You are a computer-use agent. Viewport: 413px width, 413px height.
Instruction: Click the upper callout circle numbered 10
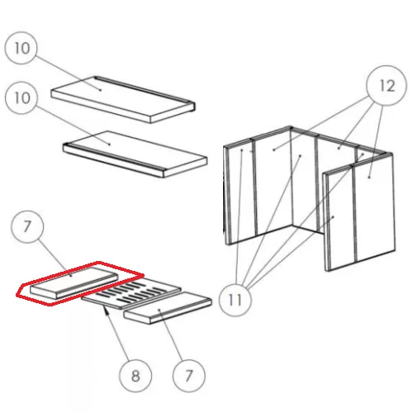point(21,49)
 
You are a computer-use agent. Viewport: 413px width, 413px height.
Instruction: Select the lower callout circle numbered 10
point(21,98)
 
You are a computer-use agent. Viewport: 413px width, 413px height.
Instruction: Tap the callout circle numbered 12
point(387,86)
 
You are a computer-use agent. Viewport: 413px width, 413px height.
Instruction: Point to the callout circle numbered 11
point(235,300)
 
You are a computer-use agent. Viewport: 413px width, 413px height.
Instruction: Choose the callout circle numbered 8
point(135,376)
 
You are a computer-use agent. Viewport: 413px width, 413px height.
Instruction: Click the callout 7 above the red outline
point(27,226)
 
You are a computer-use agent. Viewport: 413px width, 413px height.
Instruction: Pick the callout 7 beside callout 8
point(189,376)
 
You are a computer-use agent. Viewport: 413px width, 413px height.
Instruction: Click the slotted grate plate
point(131,293)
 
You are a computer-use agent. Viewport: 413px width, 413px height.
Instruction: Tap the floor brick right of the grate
point(168,308)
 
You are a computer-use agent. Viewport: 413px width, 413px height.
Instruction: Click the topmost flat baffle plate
point(123,99)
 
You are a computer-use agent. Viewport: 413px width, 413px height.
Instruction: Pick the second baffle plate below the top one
point(135,154)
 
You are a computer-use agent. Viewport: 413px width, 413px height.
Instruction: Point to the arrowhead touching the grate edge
point(106,310)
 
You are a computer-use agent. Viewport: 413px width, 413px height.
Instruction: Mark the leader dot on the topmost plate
point(101,90)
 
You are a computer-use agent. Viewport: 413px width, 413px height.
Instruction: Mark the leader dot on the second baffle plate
point(110,145)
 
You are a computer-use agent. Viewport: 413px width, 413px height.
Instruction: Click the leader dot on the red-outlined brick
point(71,276)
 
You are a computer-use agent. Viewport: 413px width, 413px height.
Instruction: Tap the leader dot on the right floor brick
point(159,310)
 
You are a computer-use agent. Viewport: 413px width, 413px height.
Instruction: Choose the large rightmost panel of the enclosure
point(374,208)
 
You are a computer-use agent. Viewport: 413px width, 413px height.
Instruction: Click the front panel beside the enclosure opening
point(340,219)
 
